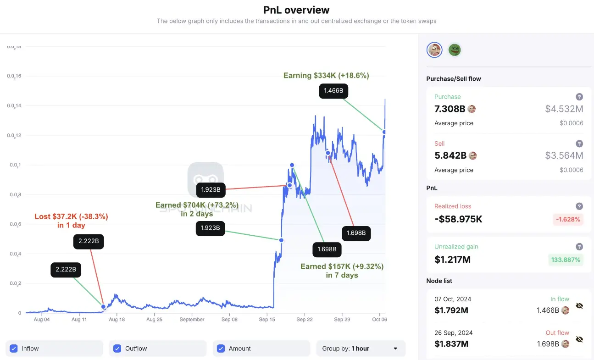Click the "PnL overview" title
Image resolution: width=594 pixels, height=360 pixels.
[x=296, y=10]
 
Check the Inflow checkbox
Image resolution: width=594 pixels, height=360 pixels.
[x=14, y=349]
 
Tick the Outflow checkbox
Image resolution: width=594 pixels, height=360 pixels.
[x=117, y=349]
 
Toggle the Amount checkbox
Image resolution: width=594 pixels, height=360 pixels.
[x=221, y=349]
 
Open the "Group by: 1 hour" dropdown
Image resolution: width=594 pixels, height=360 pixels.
[x=361, y=349]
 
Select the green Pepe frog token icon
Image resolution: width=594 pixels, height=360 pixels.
[x=454, y=50]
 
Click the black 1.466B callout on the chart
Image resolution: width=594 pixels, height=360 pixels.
[x=333, y=91]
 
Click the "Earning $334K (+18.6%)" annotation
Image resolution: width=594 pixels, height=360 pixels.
[x=326, y=76]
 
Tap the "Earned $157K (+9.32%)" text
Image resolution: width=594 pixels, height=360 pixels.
[x=342, y=266]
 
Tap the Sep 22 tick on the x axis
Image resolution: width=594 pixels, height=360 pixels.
[x=304, y=319]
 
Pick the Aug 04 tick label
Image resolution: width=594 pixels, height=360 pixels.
[x=42, y=319]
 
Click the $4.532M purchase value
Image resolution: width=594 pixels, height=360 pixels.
[x=564, y=109]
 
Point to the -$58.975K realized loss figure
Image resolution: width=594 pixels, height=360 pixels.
[x=458, y=219]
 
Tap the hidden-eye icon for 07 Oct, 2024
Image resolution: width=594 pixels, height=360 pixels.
[x=579, y=305]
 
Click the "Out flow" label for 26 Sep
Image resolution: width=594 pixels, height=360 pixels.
[x=557, y=333]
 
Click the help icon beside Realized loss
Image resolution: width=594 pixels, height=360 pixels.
[x=579, y=206]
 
